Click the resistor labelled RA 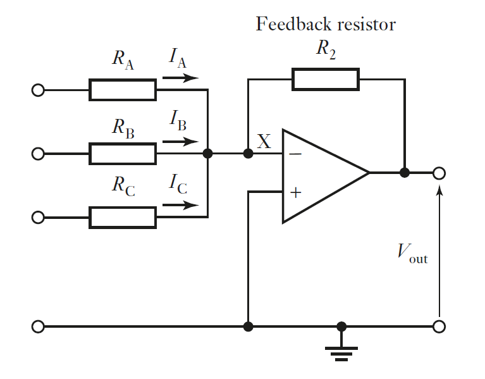(123, 90)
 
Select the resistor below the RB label (123, 154)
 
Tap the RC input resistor (123, 218)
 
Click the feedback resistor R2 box (325, 79)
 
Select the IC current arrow (180, 206)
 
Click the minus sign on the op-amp (295, 154)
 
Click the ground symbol (342, 351)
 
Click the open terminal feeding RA (38, 90)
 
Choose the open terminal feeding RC (38, 218)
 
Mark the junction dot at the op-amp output (405, 173)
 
